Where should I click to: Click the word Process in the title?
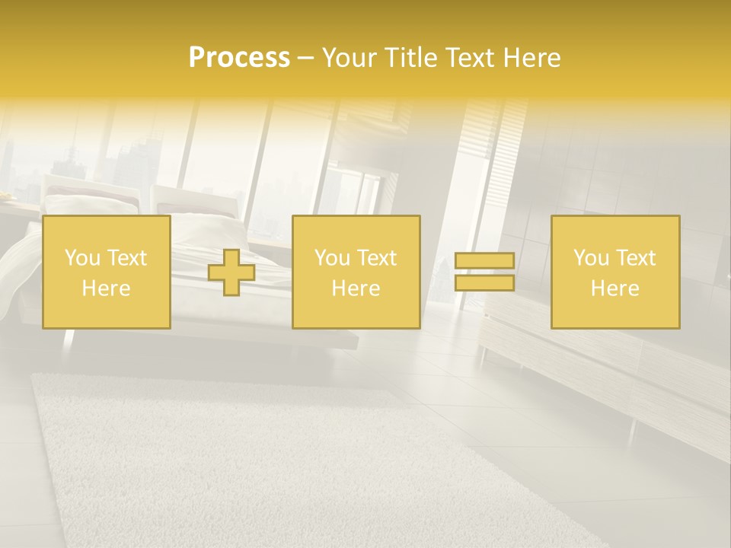(x=239, y=58)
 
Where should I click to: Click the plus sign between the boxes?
(x=231, y=272)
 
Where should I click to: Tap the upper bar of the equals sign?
(x=484, y=261)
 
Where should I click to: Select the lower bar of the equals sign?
(x=484, y=283)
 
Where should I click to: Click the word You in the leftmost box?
(x=82, y=258)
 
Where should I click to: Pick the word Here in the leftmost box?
(x=106, y=288)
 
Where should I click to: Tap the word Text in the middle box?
(x=377, y=258)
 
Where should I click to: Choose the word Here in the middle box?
(x=356, y=288)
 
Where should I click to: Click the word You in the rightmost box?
(x=591, y=258)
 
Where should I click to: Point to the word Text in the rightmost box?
(x=636, y=258)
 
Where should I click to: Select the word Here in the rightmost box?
(x=614, y=288)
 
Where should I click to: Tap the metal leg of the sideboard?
(x=631, y=431)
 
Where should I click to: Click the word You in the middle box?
(x=332, y=258)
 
